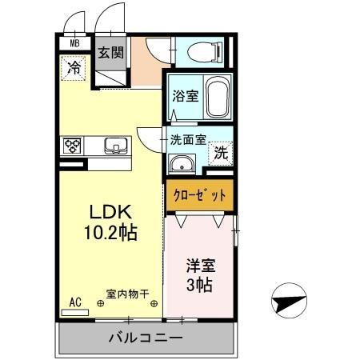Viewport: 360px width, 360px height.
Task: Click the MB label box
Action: (x=74, y=44)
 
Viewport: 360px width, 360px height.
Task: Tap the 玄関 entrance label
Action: (x=110, y=54)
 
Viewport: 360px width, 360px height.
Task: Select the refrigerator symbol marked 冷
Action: (x=73, y=68)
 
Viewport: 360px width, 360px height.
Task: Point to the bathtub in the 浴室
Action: (x=216, y=98)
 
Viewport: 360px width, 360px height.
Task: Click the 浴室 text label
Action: (x=185, y=97)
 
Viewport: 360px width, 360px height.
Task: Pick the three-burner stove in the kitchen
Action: (x=74, y=146)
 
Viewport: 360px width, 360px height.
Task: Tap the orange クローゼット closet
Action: (x=201, y=194)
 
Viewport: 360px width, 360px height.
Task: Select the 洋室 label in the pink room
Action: (x=202, y=264)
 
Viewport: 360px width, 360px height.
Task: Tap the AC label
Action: (x=74, y=302)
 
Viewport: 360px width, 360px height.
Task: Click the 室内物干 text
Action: (x=127, y=294)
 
